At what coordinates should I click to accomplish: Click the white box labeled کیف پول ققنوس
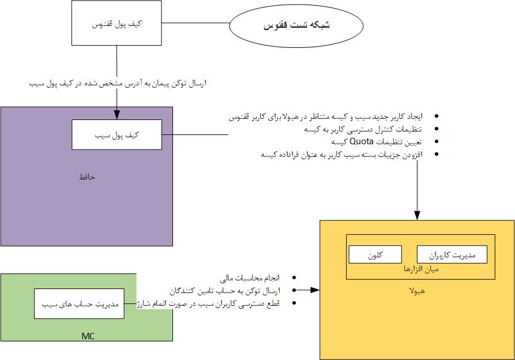pos(117,24)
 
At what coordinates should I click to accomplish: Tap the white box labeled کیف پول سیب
pos(117,134)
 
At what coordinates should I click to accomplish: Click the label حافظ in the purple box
pos(87,177)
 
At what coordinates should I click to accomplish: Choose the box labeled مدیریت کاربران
pos(452,254)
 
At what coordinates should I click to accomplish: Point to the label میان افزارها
pos(420,269)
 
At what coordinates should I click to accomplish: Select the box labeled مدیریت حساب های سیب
pos(79,303)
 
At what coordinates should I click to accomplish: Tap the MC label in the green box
pos(87,336)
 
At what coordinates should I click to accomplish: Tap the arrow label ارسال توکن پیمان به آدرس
pos(118,84)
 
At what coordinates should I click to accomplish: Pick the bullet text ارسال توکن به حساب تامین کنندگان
pos(227,291)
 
